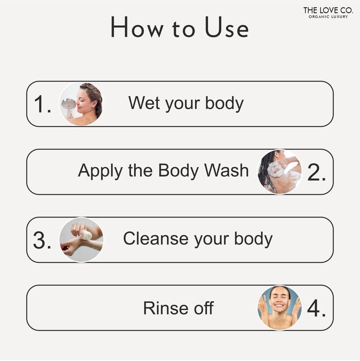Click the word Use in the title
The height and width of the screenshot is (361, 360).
pyautogui.click(x=227, y=27)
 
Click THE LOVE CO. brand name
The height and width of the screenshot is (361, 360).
pyautogui.click(x=328, y=10)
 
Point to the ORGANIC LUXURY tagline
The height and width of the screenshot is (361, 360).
pyautogui.click(x=328, y=17)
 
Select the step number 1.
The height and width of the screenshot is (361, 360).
pyautogui.click(x=42, y=104)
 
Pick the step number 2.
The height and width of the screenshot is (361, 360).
pyautogui.click(x=317, y=172)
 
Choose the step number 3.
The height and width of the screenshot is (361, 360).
pyautogui.click(x=42, y=240)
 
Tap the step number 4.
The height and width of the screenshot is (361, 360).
pyautogui.click(x=317, y=308)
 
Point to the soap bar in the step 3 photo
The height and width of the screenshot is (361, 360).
pyautogui.click(x=87, y=235)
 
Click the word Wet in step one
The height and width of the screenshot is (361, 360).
pyautogui.click(x=144, y=103)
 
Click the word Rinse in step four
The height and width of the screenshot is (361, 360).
pyautogui.click(x=165, y=308)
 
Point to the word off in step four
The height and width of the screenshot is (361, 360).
pyautogui.click(x=204, y=308)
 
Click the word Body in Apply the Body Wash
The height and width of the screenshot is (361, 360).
pyautogui.click(x=178, y=171)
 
